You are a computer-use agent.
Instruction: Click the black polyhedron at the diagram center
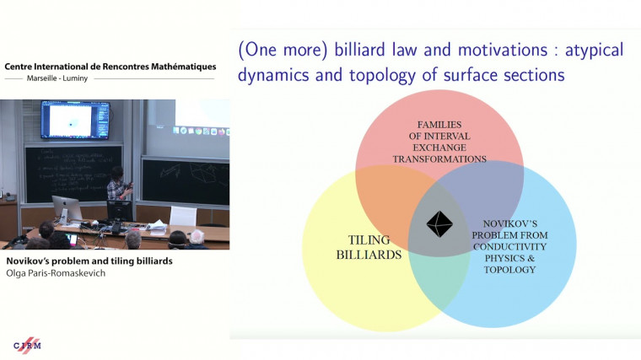(x=439, y=224)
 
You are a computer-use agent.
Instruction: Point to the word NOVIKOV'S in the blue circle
(x=509, y=222)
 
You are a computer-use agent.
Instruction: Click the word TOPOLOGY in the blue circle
(x=509, y=270)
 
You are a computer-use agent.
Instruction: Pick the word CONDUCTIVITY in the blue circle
(x=509, y=246)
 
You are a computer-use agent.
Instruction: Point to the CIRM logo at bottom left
(x=27, y=346)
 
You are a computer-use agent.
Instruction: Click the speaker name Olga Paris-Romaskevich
(x=57, y=273)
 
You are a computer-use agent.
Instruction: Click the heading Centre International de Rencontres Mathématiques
(x=110, y=66)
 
